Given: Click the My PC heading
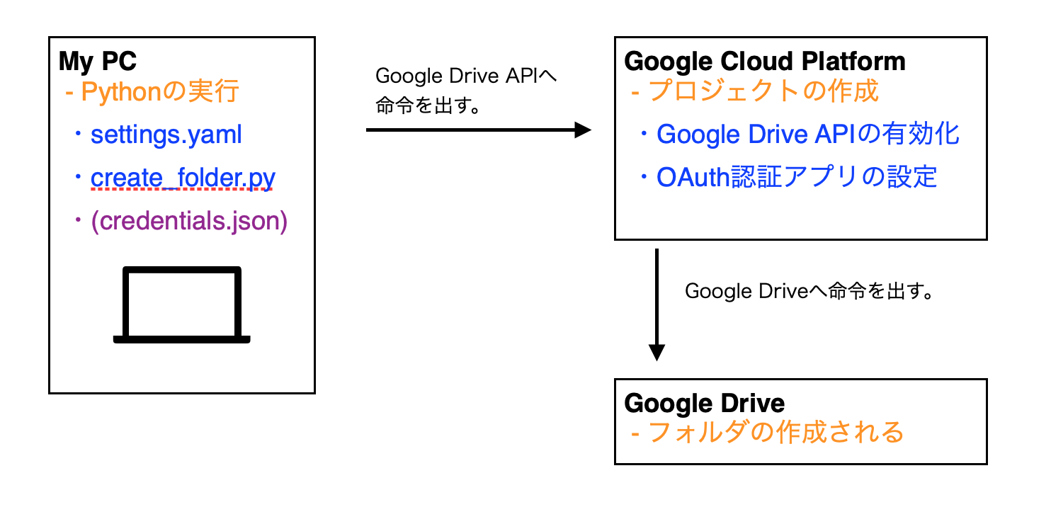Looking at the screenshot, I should click(98, 62).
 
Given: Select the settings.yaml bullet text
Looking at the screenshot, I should click(166, 135).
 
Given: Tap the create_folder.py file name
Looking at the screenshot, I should click(182, 177).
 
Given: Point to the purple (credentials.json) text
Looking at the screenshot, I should click(188, 221).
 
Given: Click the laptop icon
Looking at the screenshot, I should click(182, 305).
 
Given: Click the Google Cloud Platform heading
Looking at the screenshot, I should click(764, 62).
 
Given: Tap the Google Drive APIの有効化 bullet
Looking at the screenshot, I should click(807, 134).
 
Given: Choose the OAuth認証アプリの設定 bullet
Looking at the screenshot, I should click(796, 177).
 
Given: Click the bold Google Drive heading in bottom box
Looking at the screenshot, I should click(704, 403).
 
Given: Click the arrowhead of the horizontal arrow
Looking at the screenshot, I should click(582, 130).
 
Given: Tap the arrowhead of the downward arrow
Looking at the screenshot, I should click(657, 352).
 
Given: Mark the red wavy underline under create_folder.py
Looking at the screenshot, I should click(182, 190).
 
